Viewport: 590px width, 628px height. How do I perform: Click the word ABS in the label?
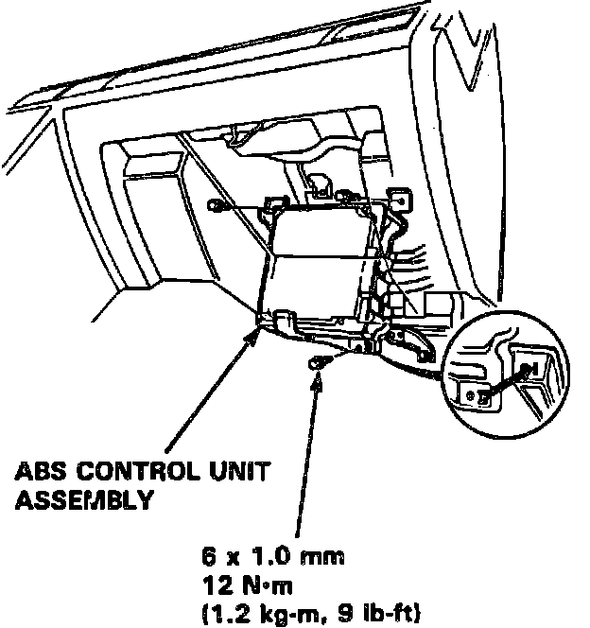[39, 470]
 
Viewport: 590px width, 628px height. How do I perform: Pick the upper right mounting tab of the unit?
[398, 200]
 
